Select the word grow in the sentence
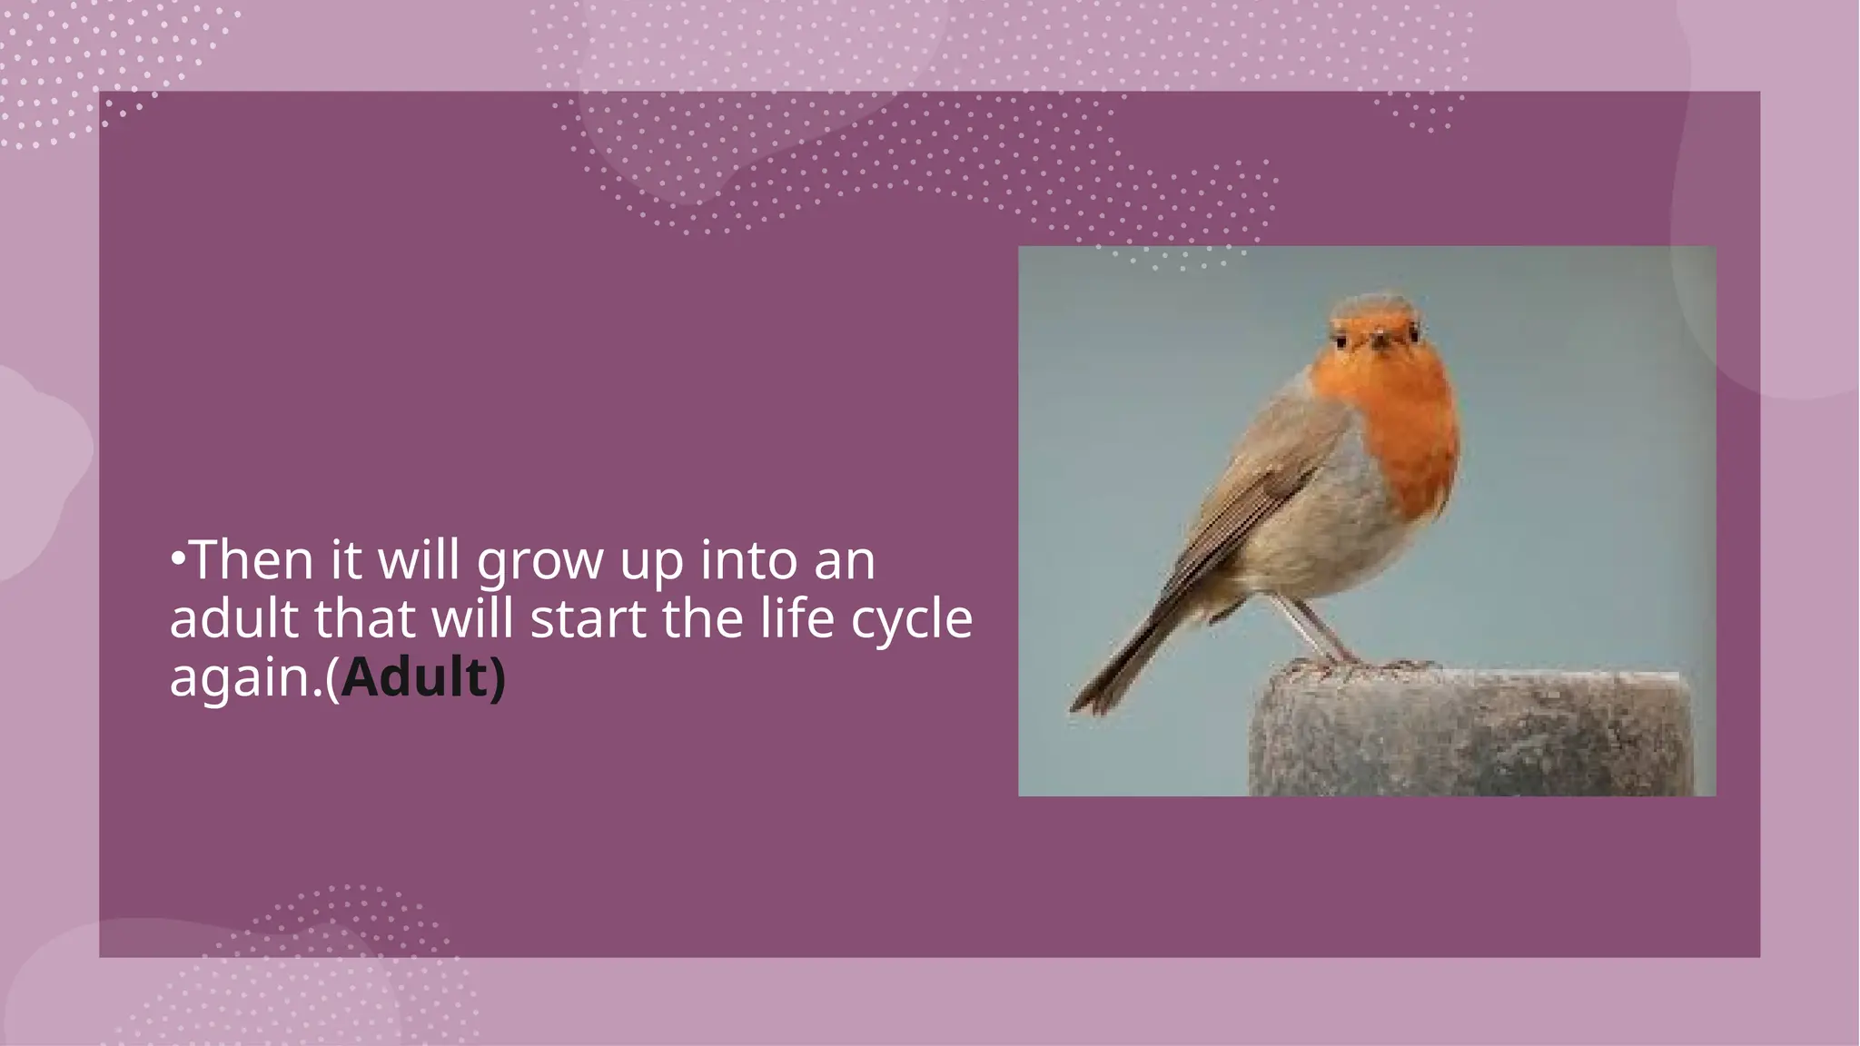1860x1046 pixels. coord(539,562)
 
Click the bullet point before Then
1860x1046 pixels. coord(178,557)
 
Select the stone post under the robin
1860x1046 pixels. coord(1471,735)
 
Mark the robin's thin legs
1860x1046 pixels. coord(1308,627)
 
